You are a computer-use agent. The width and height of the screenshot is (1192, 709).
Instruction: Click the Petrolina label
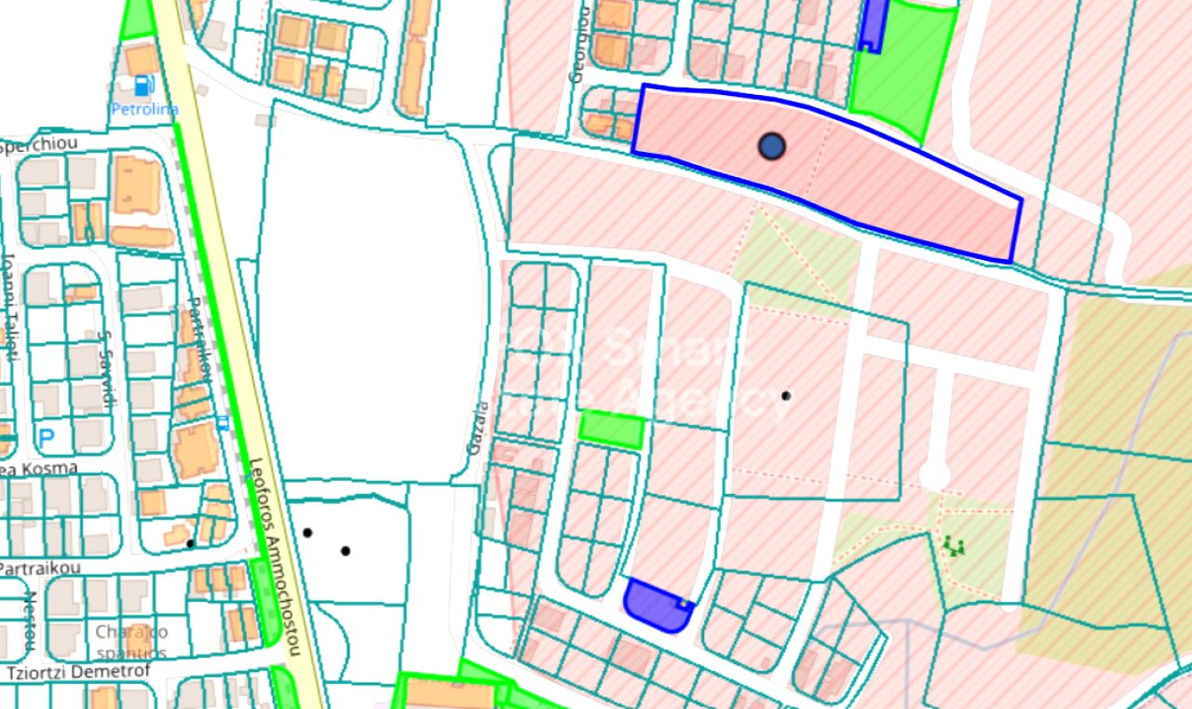[144, 109]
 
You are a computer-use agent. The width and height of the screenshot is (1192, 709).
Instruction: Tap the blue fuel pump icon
[143, 86]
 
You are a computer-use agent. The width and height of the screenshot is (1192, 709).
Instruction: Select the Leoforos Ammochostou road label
[275, 555]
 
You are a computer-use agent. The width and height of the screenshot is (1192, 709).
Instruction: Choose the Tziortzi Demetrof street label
[66, 673]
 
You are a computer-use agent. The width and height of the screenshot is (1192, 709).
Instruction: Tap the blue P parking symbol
[46, 435]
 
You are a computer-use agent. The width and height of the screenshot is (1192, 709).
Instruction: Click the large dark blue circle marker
[771, 146]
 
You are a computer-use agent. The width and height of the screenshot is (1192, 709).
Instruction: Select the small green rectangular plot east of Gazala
[611, 429]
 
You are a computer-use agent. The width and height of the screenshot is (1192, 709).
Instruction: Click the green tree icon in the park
[953, 546]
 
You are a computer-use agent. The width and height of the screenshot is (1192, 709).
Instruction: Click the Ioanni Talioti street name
[9, 307]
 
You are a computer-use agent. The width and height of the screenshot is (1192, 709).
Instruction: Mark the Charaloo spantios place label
[130, 642]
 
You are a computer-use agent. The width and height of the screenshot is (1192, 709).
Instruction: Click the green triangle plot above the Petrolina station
[137, 19]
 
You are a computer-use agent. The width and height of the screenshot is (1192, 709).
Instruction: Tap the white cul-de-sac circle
[934, 475]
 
